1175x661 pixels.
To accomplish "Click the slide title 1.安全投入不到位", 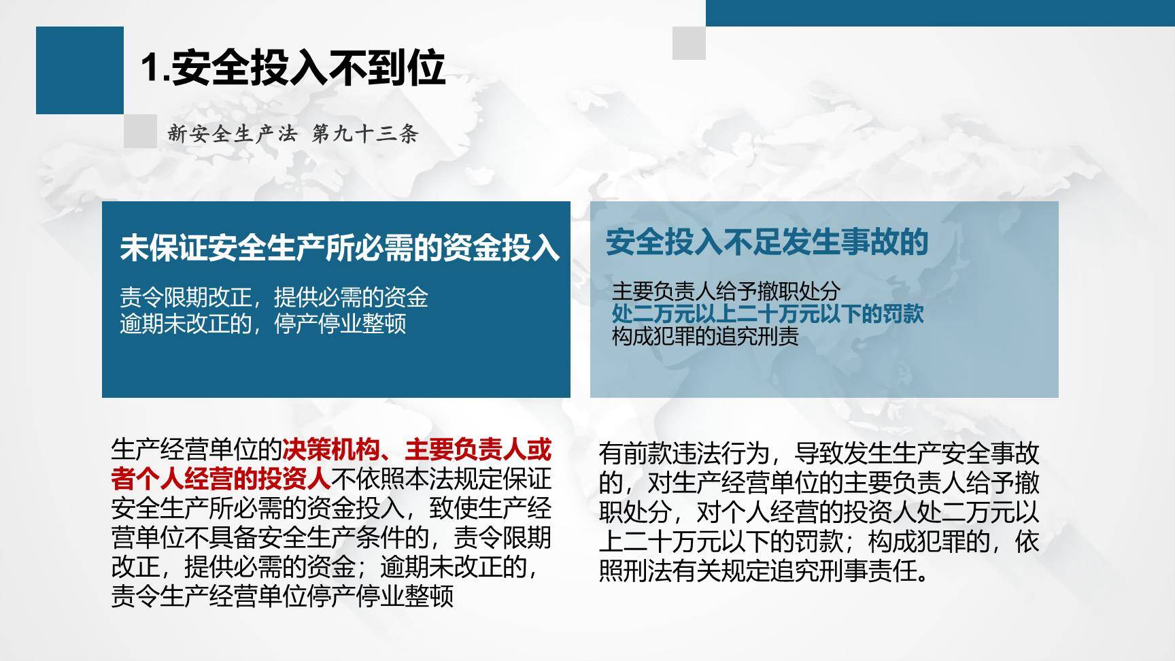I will [x=293, y=68].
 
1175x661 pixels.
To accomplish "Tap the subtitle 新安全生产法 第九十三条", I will [x=292, y=134].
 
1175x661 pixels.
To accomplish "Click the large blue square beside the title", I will [x=80, y=70].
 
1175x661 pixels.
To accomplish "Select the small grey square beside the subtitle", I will [x=140, y=131].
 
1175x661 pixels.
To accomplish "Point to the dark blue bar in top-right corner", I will [x=940, y=12].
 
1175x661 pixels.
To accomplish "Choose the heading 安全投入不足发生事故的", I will [x=766, y=242].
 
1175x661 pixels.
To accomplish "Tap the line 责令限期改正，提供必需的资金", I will [x=274, y=297].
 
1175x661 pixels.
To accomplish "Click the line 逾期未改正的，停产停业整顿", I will [x=263, y=323].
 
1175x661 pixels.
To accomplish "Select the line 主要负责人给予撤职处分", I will [x=726, y=292].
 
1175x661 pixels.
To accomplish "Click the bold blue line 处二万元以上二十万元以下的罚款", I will [x=767, y=313].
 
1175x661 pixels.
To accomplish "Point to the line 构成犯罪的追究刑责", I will [x=704, y=336].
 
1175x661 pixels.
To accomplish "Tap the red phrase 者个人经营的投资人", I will [x=220, y=479].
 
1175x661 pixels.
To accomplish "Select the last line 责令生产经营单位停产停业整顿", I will [x=282, y=596].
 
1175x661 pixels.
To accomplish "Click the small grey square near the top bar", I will [x=689, y=43].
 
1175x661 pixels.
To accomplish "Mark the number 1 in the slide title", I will [x=150, y=69].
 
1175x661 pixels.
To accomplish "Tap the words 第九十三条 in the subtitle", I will [x=364, y=134].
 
